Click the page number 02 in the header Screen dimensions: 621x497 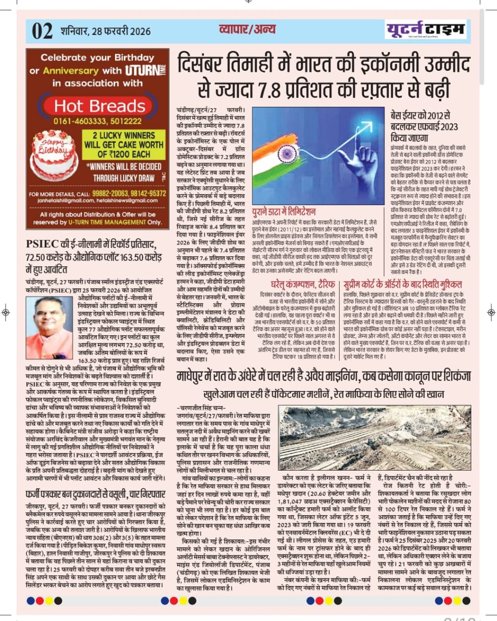[42, 32]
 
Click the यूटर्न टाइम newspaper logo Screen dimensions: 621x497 [426, 30]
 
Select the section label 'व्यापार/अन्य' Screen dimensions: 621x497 [247, 29]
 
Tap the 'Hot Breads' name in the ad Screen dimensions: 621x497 [99, 106]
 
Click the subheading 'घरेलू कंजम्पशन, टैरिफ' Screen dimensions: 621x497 [296, 284]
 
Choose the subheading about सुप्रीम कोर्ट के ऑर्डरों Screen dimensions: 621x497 [402, 284]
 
